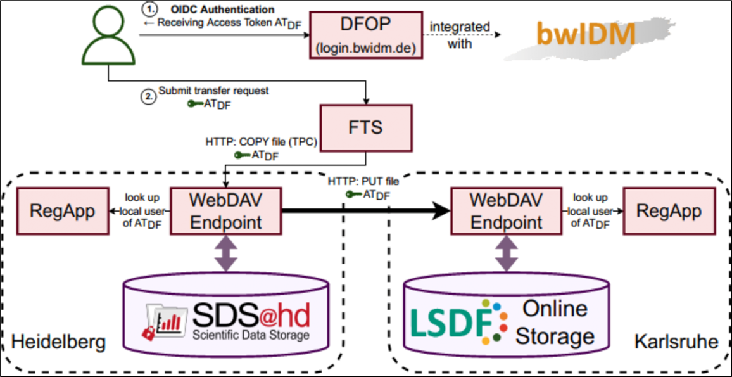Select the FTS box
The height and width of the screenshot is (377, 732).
pyautogui.click(x=366, y=127)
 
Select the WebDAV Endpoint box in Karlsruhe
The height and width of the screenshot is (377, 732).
pyautogui.click(x=506, y=210)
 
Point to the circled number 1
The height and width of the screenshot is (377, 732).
pyautogui.click(x=148, y=10)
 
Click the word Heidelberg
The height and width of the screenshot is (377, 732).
pyautogui.click(x=58, y=343)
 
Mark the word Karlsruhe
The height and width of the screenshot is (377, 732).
pyautogui.click(x=676, y=343)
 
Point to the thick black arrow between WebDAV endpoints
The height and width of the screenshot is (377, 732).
pyautogui.click(x=364, y=212)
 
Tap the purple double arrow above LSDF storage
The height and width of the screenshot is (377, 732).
pyautogui.click(x=506, y=254)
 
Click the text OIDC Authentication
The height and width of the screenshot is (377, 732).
pyautogui.click(x=223, y=10)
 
